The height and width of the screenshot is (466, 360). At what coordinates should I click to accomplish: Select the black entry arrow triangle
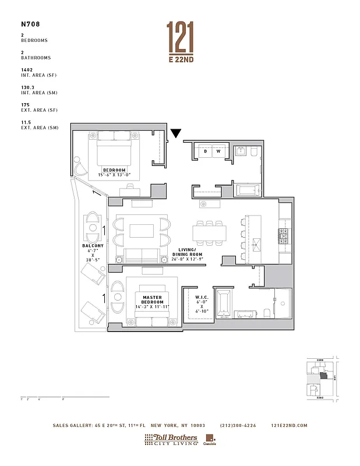click(175, 134)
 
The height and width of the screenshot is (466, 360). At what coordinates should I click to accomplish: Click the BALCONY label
click(92, 246)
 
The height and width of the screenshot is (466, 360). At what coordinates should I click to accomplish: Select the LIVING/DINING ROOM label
click(190, 252)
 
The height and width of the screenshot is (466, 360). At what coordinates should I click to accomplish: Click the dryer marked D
click(205, 151)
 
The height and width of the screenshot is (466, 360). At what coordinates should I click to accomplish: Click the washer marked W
click(218, 151)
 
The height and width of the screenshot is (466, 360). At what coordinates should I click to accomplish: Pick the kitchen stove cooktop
click(284, 235)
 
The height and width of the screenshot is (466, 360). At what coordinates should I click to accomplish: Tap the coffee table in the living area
click(142, 231)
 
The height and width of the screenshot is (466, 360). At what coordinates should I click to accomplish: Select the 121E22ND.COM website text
click(289, 425)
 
